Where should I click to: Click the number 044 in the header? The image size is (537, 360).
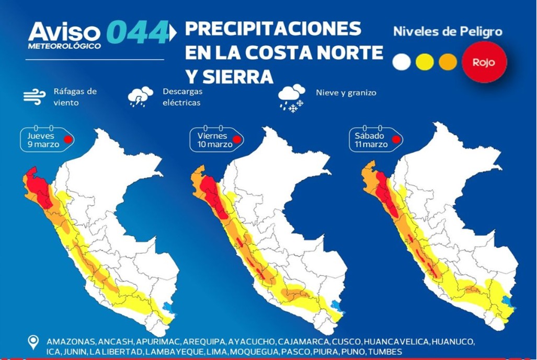[137, 32]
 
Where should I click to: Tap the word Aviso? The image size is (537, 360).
[63, 32]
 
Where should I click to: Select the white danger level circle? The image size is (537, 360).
[402, 62]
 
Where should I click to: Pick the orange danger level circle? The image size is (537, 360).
[448, 62]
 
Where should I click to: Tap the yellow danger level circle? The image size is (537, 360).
[425, 62]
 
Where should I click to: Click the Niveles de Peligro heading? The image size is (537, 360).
[448, 31]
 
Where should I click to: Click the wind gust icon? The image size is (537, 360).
[35, 97]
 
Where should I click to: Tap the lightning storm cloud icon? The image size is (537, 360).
[140, 97]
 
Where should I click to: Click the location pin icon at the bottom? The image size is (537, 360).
[34, 343]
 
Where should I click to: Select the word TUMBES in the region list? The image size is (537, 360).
[385, 352]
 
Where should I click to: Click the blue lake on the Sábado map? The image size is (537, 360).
[506, 302]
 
